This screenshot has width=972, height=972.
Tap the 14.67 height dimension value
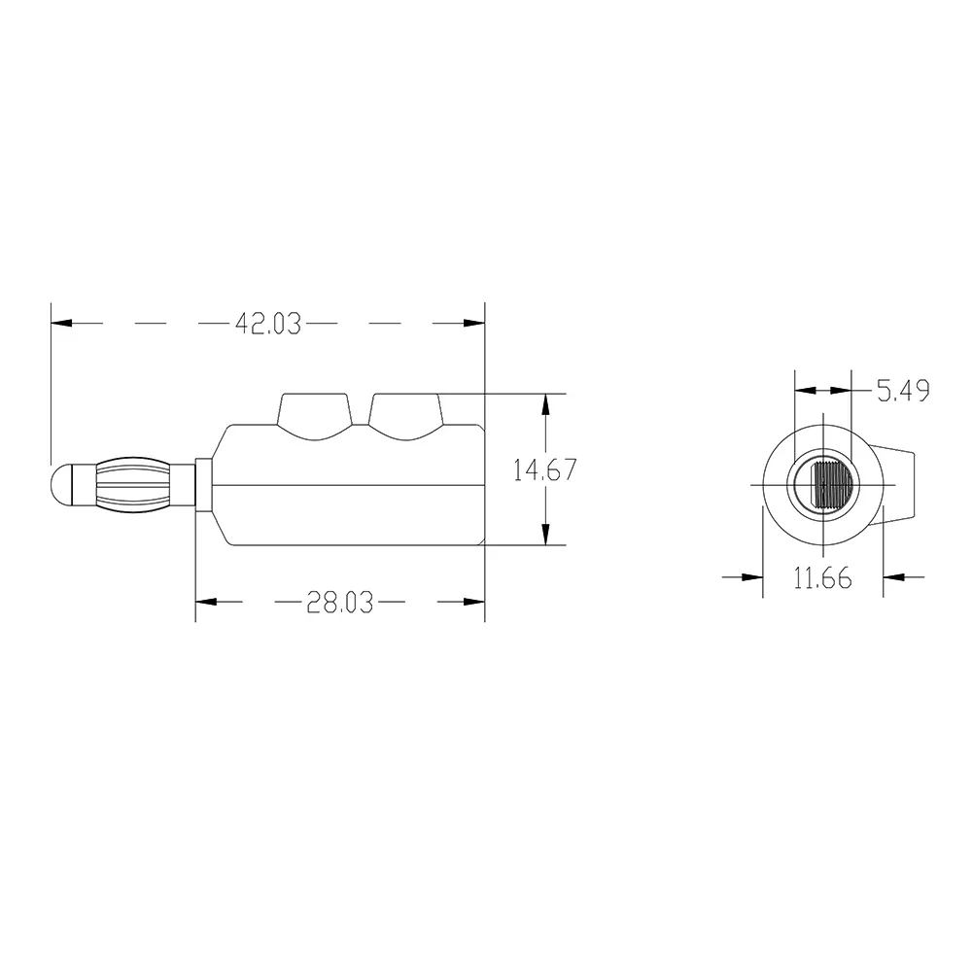coord(545,470)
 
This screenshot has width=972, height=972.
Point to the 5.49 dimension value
coord(903,391)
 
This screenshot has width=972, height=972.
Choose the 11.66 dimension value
coord(822,578)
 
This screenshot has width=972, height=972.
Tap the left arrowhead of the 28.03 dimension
coord(207,604)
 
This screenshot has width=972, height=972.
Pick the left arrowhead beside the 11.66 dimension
coord(750,576)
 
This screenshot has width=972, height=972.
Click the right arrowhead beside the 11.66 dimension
coord(895,576)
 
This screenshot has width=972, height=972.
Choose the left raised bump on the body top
coord(314,416)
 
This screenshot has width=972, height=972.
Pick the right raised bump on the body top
coord(406,416)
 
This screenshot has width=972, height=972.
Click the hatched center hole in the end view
coord(832,484)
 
